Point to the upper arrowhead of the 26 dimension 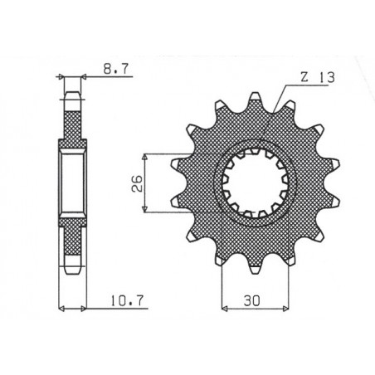click(146, 155)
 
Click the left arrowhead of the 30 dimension click(224, 306)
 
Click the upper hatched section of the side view click(71, 120)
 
